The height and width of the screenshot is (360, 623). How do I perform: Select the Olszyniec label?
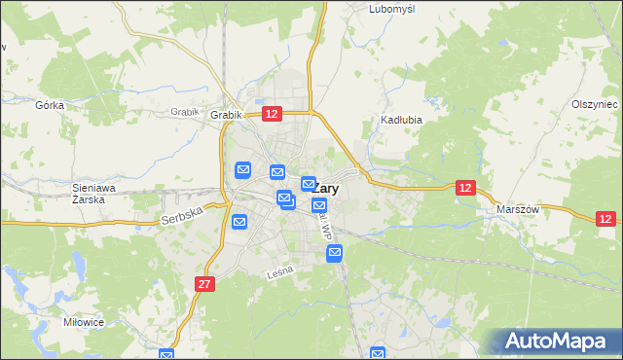595,104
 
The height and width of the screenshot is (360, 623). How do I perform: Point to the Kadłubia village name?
399,122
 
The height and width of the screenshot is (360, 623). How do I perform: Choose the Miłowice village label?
81,321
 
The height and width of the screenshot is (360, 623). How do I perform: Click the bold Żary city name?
324,190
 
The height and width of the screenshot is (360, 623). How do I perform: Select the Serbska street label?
182,210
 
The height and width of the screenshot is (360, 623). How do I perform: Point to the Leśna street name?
280,275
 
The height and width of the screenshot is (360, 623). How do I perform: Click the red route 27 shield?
203,284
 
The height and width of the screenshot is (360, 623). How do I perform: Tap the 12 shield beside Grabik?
273,115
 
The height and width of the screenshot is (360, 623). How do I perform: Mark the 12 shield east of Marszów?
605,220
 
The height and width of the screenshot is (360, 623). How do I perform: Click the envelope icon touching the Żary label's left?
308,184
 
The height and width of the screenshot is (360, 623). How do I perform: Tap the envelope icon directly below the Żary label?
319,205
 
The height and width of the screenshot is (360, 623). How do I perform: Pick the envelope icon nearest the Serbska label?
239,223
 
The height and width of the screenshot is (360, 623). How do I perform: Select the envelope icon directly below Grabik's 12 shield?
277,173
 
